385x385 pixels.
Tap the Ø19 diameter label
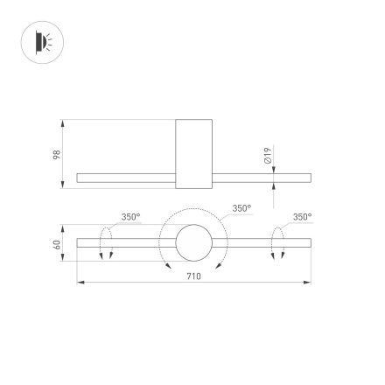pyautogui.click(x=268, y=155)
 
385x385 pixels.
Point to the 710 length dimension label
pyautogui.click(x=194, y=276)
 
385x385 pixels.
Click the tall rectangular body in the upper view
pyautogui.click(x=193, y=153)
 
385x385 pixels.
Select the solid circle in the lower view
pyautogui.click(x=193, y=243)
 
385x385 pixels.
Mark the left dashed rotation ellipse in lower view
pyautogui.click(x=106, y=242)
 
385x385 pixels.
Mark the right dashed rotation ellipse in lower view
pyautogui.click(x=277, y=242)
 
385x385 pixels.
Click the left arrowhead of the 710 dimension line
pyautogui.click(x=80, y=283)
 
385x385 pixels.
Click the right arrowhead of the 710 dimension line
pyautogui.click(x=308, y=283)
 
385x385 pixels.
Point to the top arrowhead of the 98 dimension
pyautogui.click(x=64, y=122)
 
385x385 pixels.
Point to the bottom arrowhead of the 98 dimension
pyautogui.click(x=64, y=185)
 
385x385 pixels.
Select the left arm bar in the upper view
pyautogui.click(x=126, y=178)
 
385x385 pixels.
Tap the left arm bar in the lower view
pyautogui.click(x=126, y=243)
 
